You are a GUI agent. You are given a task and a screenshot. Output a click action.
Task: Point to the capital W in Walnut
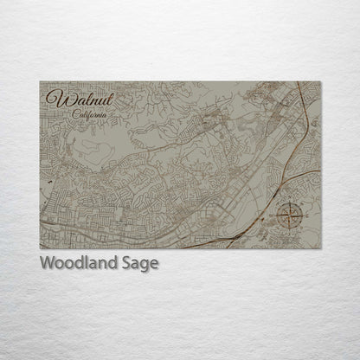point(55,99)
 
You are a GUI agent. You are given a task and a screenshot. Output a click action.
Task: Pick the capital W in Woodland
point(47,263)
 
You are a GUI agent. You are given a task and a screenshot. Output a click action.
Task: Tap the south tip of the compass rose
point(288,228)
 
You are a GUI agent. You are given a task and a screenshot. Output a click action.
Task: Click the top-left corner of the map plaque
point(40,81)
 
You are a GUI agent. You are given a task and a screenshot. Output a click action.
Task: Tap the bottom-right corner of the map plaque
point(321,248)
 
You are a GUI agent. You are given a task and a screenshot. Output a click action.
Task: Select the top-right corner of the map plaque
point(321,81)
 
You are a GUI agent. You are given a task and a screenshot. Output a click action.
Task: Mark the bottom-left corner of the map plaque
point(40,248)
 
